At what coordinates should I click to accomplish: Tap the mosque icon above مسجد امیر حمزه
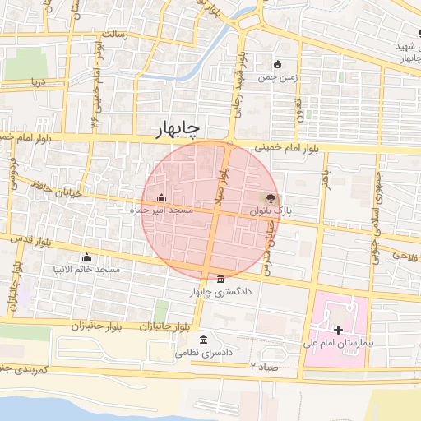tap(160, 198)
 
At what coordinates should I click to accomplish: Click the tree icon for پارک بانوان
tap(271, 198)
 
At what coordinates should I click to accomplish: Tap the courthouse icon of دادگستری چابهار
tap(219, 279)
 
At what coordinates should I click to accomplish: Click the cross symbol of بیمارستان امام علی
tap(338, 329)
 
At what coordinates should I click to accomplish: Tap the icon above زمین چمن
tap(278, 65)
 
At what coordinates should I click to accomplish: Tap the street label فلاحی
tap(405, 257)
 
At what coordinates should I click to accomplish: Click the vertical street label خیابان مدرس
tap(266, 249)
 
